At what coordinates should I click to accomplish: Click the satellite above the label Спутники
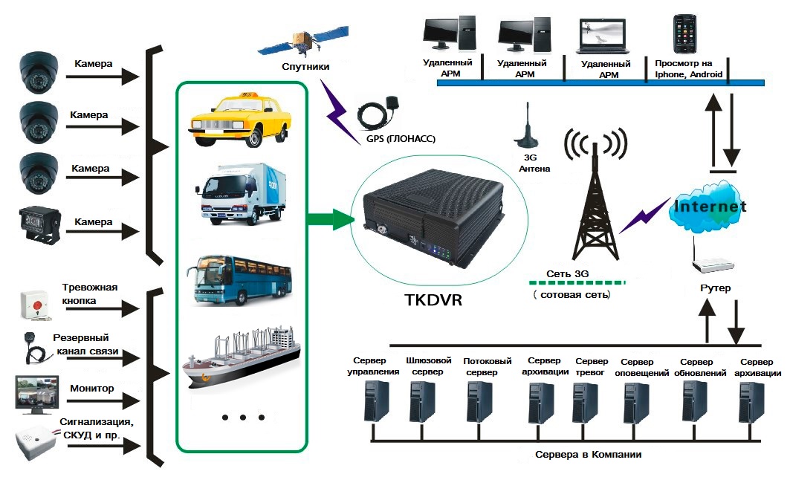[x=305, y=42]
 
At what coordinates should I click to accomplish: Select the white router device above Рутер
[x=711, y=265]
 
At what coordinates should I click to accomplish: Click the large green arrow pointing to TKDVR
[x=331, y=220]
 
